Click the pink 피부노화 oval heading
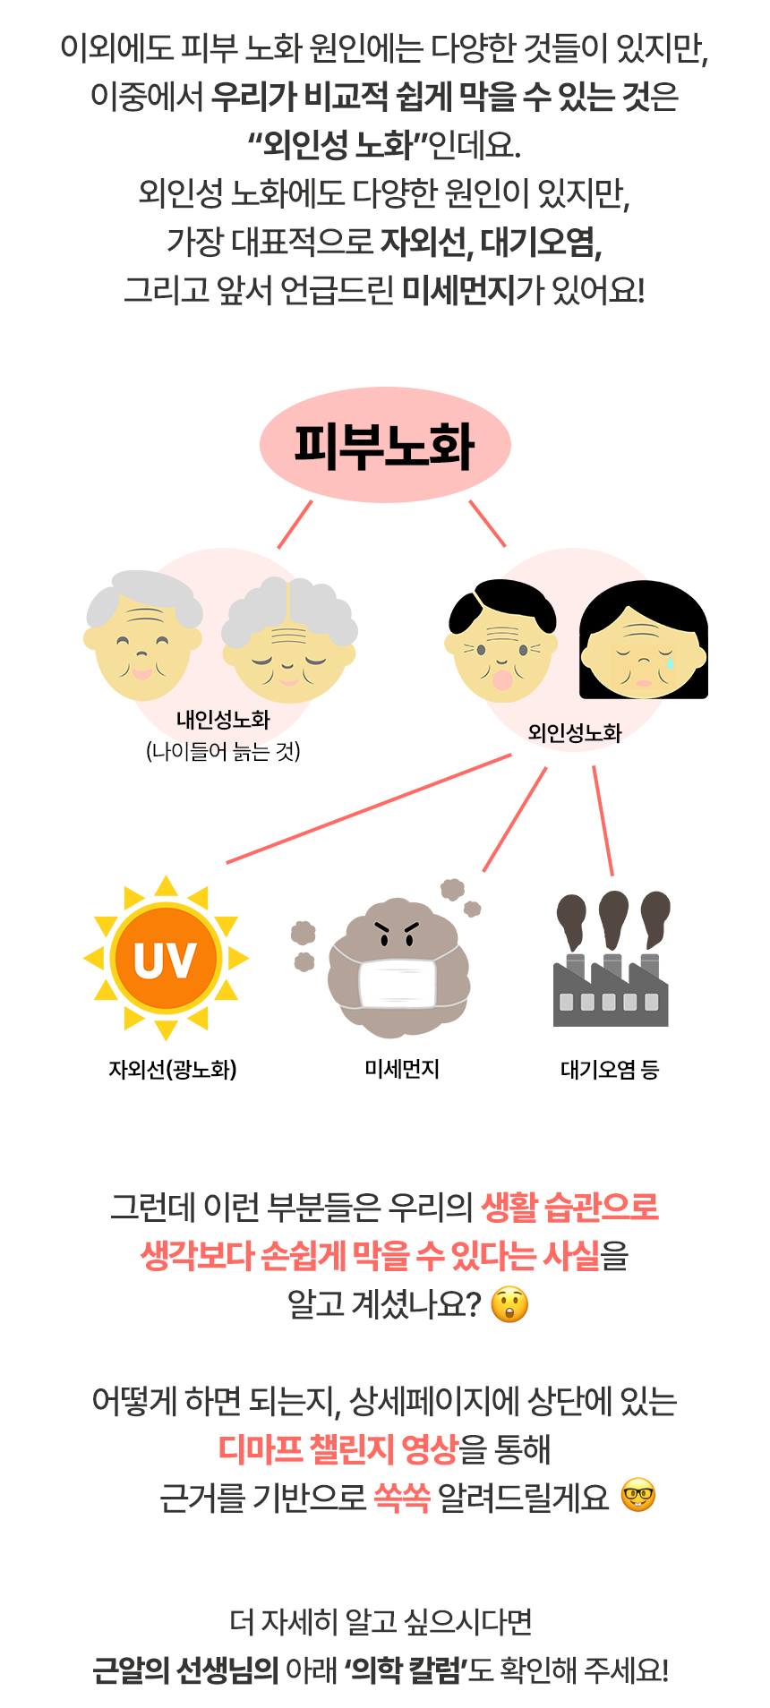click(x=385, y=445)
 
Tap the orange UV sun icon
click(x=166, y=959)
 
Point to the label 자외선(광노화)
click(x=173, y=1070)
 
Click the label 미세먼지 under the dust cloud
click(x=402, y=1069)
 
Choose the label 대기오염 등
click(x=610, y=1070)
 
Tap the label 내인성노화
click(x=223, y=720)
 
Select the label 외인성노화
click(x=575, y=733)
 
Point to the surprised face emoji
click(x=510, y=1304)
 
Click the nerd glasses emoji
click(x=638, y=1495)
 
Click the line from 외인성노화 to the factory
click(x=603, y=820)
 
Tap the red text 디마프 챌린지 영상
click(x=338, y=1448)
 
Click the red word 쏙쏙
click(x=402, y=1496)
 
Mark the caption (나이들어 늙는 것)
click(x=223, y=751)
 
